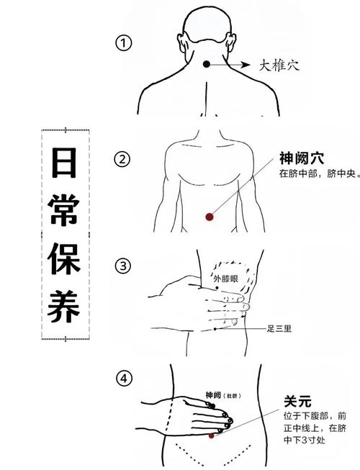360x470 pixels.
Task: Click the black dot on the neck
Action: pos(207,64)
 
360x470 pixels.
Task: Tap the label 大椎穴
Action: pos(279,65)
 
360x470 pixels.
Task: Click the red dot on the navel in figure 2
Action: pos(210,216)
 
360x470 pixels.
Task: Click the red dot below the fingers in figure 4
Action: pos(212,435)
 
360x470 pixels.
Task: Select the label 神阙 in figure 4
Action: pos(213,394)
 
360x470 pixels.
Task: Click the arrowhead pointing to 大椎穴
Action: pos(252,64)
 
